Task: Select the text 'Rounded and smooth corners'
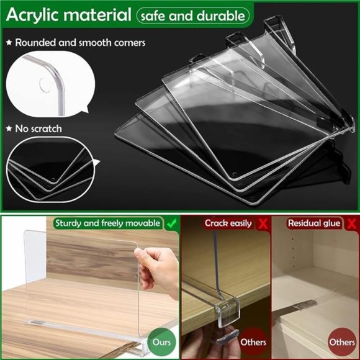[80, 43]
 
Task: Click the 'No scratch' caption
[40, 128]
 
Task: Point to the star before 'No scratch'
[9, 128]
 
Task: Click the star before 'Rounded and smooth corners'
[9, 43]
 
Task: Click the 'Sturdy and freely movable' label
[107, 223]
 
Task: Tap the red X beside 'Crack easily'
[263, 223]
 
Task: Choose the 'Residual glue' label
[315, 223]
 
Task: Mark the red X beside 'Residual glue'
[351, 223]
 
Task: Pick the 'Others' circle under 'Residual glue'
[342, 342]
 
